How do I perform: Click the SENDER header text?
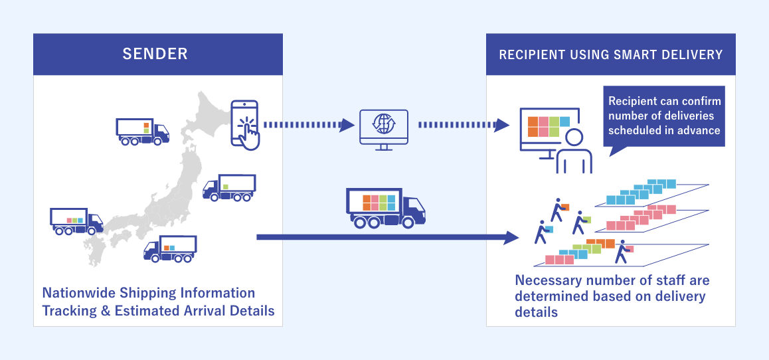(x=155, y=54)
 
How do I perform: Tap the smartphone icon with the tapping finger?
(x=245, y=124)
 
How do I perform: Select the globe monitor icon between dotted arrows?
(x=383, y=127)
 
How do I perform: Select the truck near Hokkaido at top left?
(x=142, y=130)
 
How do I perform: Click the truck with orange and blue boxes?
(x=170, y=248)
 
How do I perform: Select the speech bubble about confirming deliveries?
(x=664, y=116)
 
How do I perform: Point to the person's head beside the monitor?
(x=574, y=137)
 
